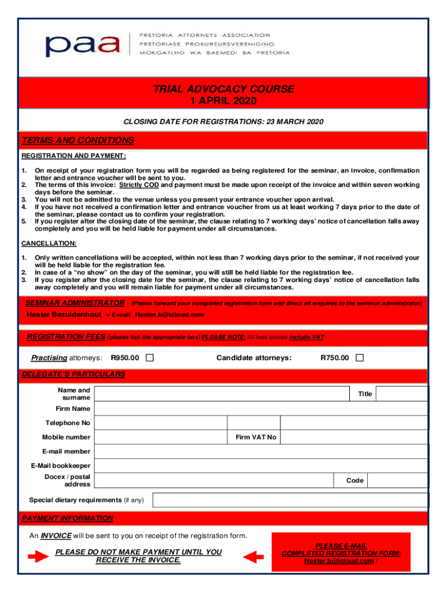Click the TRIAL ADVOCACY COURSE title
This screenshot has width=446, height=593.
224,89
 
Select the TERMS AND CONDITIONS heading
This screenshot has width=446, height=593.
78,141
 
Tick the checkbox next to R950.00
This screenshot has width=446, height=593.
149,358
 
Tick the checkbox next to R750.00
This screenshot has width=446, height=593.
359,358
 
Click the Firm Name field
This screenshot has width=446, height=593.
261,409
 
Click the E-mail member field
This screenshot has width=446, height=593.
261,452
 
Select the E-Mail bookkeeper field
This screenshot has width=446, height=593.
261,466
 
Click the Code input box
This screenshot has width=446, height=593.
398,481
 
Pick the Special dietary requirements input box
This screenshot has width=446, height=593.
290,500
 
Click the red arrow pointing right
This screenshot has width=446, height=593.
38,557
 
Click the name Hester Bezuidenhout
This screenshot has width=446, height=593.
64,314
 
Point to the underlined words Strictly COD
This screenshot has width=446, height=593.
139,185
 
